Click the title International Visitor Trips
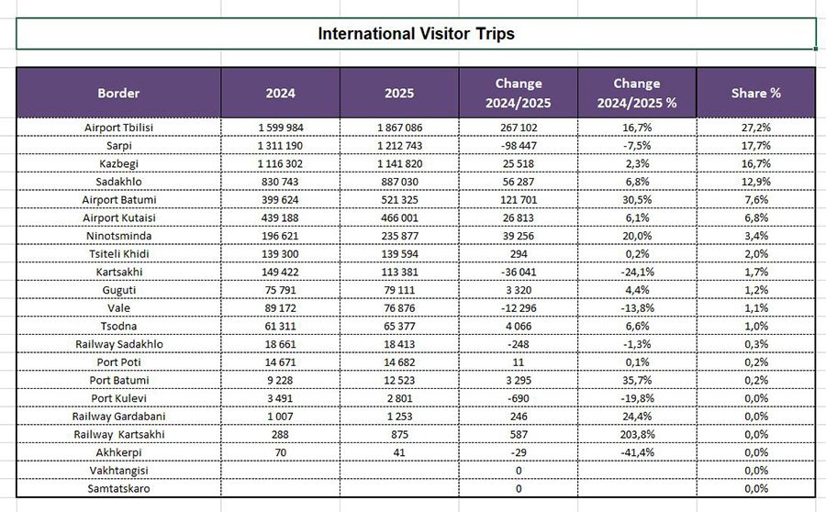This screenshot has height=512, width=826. pos(416,34)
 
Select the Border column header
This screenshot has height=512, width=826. pos(118,93)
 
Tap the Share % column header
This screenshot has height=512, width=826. pos(755,93)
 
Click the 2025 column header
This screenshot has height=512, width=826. pos(399,93)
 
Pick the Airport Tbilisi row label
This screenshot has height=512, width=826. pos(118,128)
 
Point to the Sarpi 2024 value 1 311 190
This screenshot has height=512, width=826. pos(280,145)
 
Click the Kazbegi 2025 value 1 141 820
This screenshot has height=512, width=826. pos(399,163)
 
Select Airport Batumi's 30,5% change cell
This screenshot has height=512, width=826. pos(636,199)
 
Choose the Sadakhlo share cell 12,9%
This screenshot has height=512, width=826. pos(755,182)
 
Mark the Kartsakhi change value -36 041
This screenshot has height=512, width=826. pos(518,272)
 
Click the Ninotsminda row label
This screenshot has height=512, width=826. pos(118,236)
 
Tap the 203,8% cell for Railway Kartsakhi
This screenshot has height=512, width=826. pos(636,434)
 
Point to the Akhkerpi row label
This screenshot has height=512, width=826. pos(118,452)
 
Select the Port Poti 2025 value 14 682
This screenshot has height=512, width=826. pos(399,362)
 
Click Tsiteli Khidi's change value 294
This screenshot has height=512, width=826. pos(518,253)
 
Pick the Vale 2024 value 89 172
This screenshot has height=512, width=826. pos(280,307)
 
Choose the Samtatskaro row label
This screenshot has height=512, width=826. pos(118,488)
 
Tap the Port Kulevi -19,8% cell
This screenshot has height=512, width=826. pos(636,398)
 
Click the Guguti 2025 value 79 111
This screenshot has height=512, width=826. pos(399,290)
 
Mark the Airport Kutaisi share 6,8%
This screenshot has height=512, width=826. pos(755,217)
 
